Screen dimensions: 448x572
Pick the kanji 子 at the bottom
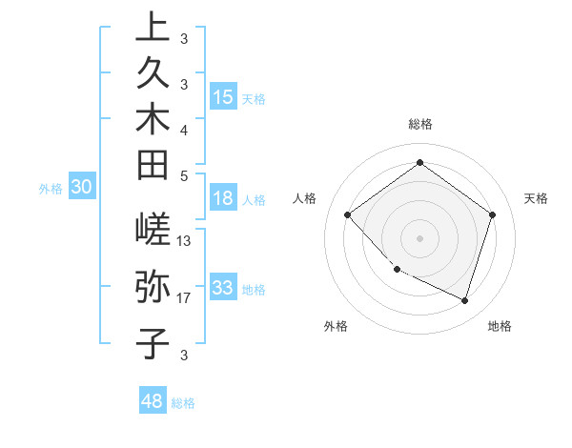pos(153,343)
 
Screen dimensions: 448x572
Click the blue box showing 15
pos(223,97)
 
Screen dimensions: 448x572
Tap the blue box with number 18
pos(223,199)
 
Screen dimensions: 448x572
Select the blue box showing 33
pos(223,288)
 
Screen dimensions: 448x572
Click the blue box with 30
pos(82,188)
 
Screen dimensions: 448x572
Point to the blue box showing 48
pos(152,401)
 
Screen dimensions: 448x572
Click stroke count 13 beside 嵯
pos(185,240)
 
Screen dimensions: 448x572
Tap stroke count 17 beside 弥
pos(185,298)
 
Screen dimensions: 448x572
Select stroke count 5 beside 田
pos(184,175)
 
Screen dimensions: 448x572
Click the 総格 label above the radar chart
pos(420,124)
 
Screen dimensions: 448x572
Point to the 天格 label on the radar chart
pos(536,198)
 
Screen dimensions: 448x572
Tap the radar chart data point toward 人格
pos(348,214)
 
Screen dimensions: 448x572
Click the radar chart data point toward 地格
pos(464,300)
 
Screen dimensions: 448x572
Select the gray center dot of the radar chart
pos(420,237)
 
